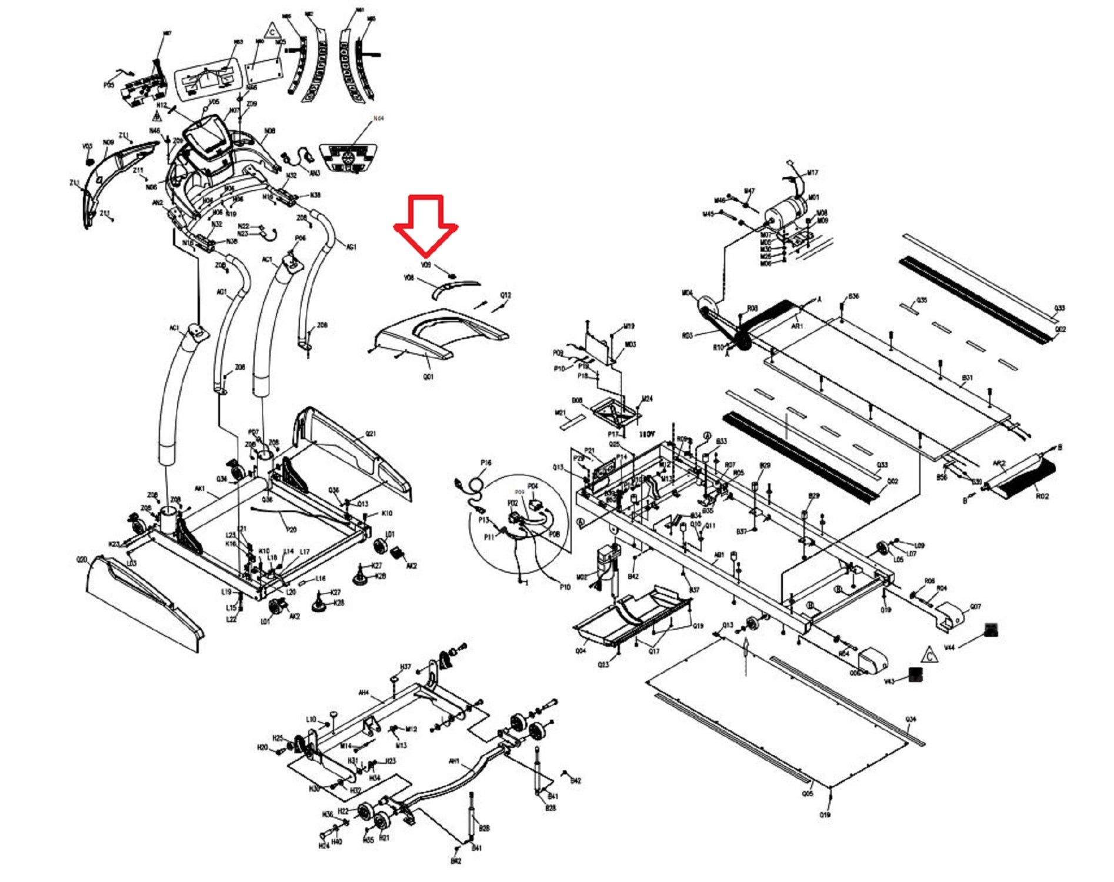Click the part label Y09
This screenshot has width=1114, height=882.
coord(426,265)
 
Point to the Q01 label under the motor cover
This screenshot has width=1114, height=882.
coord(428,376)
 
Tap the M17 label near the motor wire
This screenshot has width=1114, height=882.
coord(812,173)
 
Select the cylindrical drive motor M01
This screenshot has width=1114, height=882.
coord(786,212)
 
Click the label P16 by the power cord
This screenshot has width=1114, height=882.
coord(486,463)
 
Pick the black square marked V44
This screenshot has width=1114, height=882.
coord(991,630)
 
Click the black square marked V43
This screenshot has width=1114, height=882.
coord(915,674)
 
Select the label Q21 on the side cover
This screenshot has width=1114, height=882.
coord(371,434)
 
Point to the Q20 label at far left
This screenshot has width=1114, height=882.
coord(82,560)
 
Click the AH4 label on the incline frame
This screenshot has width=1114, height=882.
coord(363,693)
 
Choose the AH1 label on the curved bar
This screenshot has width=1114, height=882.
coord(454,761)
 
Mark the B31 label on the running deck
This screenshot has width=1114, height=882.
coord(967,377)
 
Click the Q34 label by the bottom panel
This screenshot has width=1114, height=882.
coord(911,719)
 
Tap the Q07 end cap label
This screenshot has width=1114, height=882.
coord(976,606)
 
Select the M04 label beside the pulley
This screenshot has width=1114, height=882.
coord(687,293)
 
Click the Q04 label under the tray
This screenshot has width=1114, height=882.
coord(581,651)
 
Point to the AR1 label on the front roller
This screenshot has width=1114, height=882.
coord(797,325)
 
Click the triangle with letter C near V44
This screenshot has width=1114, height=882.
coord(929,654)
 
